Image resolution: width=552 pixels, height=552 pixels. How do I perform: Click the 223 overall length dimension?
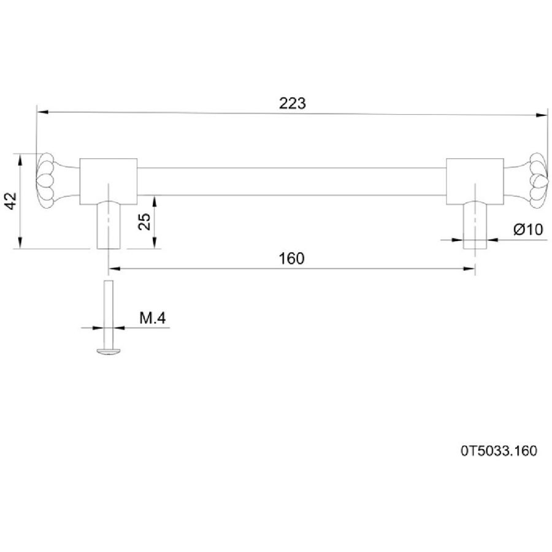[x=292, y=104]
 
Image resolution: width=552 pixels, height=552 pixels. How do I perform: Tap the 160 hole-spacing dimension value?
[x=291, y=258]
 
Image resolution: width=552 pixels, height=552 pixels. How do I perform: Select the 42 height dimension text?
[x=12, y=201]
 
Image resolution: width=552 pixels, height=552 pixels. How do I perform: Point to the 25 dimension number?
[x=144, y=222]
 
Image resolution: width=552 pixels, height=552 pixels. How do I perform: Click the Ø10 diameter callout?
[x=529, y=229]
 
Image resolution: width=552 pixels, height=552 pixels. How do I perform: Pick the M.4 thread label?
[x=153, y=318]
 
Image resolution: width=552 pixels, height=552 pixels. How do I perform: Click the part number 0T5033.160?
[x=499, y=451]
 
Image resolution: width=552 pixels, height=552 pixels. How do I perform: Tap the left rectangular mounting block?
[x=109, y=182]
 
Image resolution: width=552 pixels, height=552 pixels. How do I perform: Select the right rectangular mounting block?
[x=475, y=182]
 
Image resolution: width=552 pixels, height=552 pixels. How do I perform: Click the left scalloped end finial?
[x=46, y=182]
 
